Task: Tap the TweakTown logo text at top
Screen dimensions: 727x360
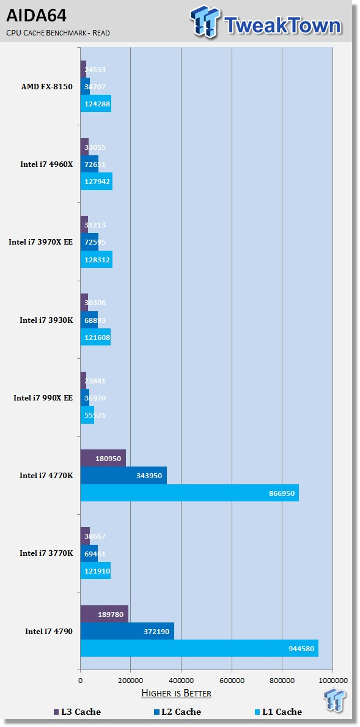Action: coord(282,25)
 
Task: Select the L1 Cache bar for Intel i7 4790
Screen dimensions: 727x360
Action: coord(199,648)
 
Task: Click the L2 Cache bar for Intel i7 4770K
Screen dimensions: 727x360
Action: coord(123,475)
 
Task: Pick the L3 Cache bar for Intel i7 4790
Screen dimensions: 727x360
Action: coord(104,614)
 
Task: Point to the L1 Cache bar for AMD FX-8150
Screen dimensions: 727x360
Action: coord(96,103)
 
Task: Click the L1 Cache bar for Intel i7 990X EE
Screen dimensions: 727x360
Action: coord(87,415)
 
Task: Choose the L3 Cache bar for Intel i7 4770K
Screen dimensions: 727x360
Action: coord(103,458)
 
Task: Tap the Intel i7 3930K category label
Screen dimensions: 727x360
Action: coord(46,320)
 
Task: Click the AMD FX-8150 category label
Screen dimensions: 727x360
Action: coord(47,86)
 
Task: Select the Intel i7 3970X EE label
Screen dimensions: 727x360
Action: coord(40,242)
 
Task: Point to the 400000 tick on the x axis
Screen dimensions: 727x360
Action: coord(181,680)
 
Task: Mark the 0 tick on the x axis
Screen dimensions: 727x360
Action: coord(80,680)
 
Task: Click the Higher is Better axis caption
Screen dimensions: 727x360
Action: coord(176,693)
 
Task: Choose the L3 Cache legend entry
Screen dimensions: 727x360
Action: coord(77,712)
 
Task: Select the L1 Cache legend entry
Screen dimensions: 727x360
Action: coord(278,712)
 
